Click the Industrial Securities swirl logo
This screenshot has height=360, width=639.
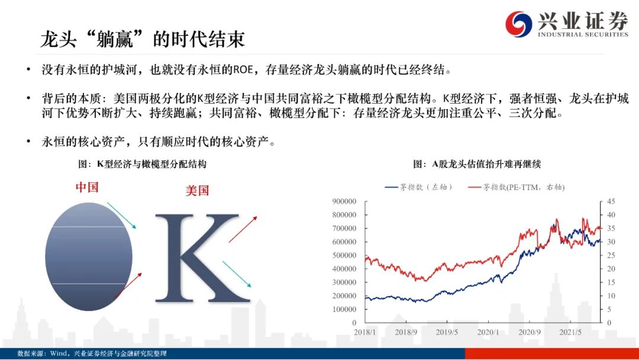coord(518,24)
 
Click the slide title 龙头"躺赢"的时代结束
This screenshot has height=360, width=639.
coord(143,40)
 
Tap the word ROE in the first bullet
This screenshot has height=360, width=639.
coord(243,70)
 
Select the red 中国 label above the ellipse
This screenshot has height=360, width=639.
coord(87,187)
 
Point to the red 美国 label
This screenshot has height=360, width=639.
coord(197,191)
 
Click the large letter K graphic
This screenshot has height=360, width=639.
coord(202,259)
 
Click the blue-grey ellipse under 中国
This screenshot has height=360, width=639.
coord(89,257)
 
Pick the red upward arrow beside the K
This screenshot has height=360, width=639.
coord(243,230)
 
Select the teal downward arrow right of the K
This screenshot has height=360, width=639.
coord(237,274)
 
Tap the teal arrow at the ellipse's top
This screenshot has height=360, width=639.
coord(121,216)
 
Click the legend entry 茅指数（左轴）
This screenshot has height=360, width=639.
coord(418,187)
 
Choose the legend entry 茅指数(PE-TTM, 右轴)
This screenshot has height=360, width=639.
coord(517,187)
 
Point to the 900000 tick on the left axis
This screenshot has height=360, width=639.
coord(344,201)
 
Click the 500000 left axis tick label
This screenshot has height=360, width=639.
coord(344,255)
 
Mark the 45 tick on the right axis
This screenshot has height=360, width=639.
coord(611,201)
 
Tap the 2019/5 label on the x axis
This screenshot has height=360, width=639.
coord(447,332)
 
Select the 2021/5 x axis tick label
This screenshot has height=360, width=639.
coord(570,332)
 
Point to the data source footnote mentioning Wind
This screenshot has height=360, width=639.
coord(92,353)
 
